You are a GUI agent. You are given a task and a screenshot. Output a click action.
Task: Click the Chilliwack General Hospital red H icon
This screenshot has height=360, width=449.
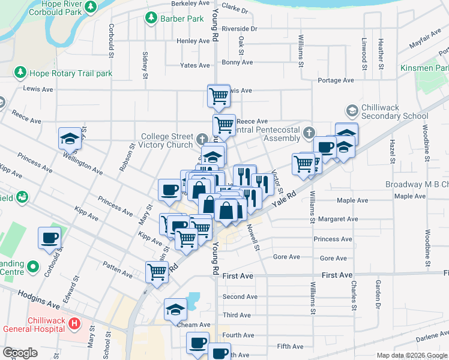coord(74,324)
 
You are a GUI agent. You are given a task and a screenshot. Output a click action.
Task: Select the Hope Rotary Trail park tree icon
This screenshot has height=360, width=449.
coord(20,73)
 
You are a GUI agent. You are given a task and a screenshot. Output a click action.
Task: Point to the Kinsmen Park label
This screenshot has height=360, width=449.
coord(424,68)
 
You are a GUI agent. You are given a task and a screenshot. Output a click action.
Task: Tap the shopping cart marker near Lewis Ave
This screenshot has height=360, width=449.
coord(219,95)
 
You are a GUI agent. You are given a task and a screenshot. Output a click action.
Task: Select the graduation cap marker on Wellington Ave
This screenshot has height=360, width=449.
coord(70,139)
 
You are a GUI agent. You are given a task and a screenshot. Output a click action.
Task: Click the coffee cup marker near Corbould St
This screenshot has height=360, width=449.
coord(49,238)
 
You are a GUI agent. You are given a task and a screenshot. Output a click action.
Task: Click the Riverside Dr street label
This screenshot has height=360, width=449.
coord(239,28)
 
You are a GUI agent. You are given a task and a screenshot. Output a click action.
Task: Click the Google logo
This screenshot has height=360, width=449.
coord(19,353)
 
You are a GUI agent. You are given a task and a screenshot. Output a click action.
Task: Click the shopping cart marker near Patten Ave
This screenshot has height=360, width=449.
coord(157,271)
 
